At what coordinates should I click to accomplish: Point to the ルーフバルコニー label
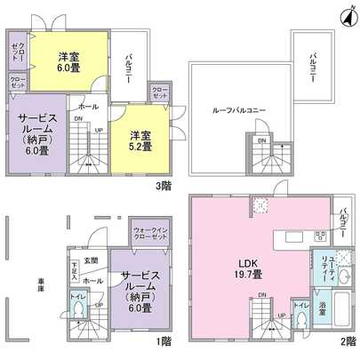pyautogui.click(x=240, y=110)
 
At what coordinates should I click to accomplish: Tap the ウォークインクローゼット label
pyautogui.click(x=148, y=234)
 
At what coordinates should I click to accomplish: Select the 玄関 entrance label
pyautogui.click(x=91, y=260)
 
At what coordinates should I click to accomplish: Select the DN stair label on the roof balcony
pyautogui.click(x=260, y=140)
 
